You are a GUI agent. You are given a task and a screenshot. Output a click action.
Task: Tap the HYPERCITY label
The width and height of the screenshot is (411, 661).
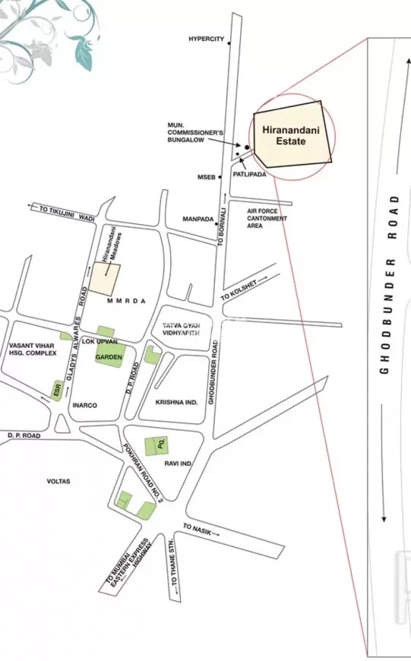pyautogui.click(x=207, y=39)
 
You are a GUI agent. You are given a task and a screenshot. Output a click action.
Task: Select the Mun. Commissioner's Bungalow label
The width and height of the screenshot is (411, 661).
pyautogui.click(x=195, y=133)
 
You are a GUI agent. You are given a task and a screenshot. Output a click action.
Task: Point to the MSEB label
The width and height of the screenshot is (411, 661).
pyautogui.click(x=207, y=177)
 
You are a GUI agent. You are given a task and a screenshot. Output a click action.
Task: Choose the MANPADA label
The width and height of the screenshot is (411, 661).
pyautogui.click(x=198, y=219)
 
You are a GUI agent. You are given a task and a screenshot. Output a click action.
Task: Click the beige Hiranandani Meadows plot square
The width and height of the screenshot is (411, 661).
pyautogui.click(x=104, y=279)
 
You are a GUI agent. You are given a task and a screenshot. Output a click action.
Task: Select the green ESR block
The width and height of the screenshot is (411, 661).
pyautogui.click(x=57, y=389)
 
